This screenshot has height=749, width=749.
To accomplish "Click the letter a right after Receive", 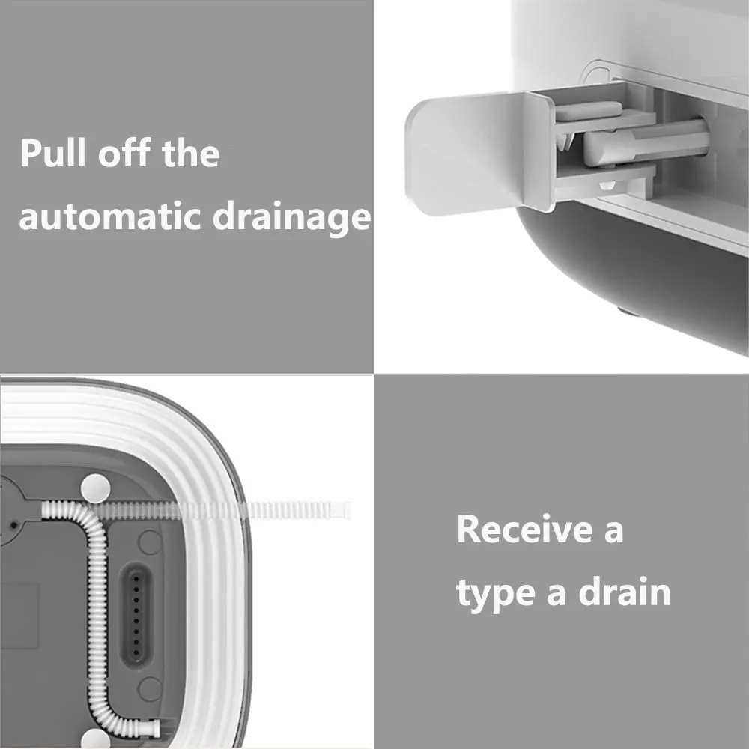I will (613, 531).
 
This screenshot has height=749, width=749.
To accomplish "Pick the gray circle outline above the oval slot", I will (150, 542).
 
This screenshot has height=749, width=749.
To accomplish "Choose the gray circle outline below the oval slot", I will (151, 688).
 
